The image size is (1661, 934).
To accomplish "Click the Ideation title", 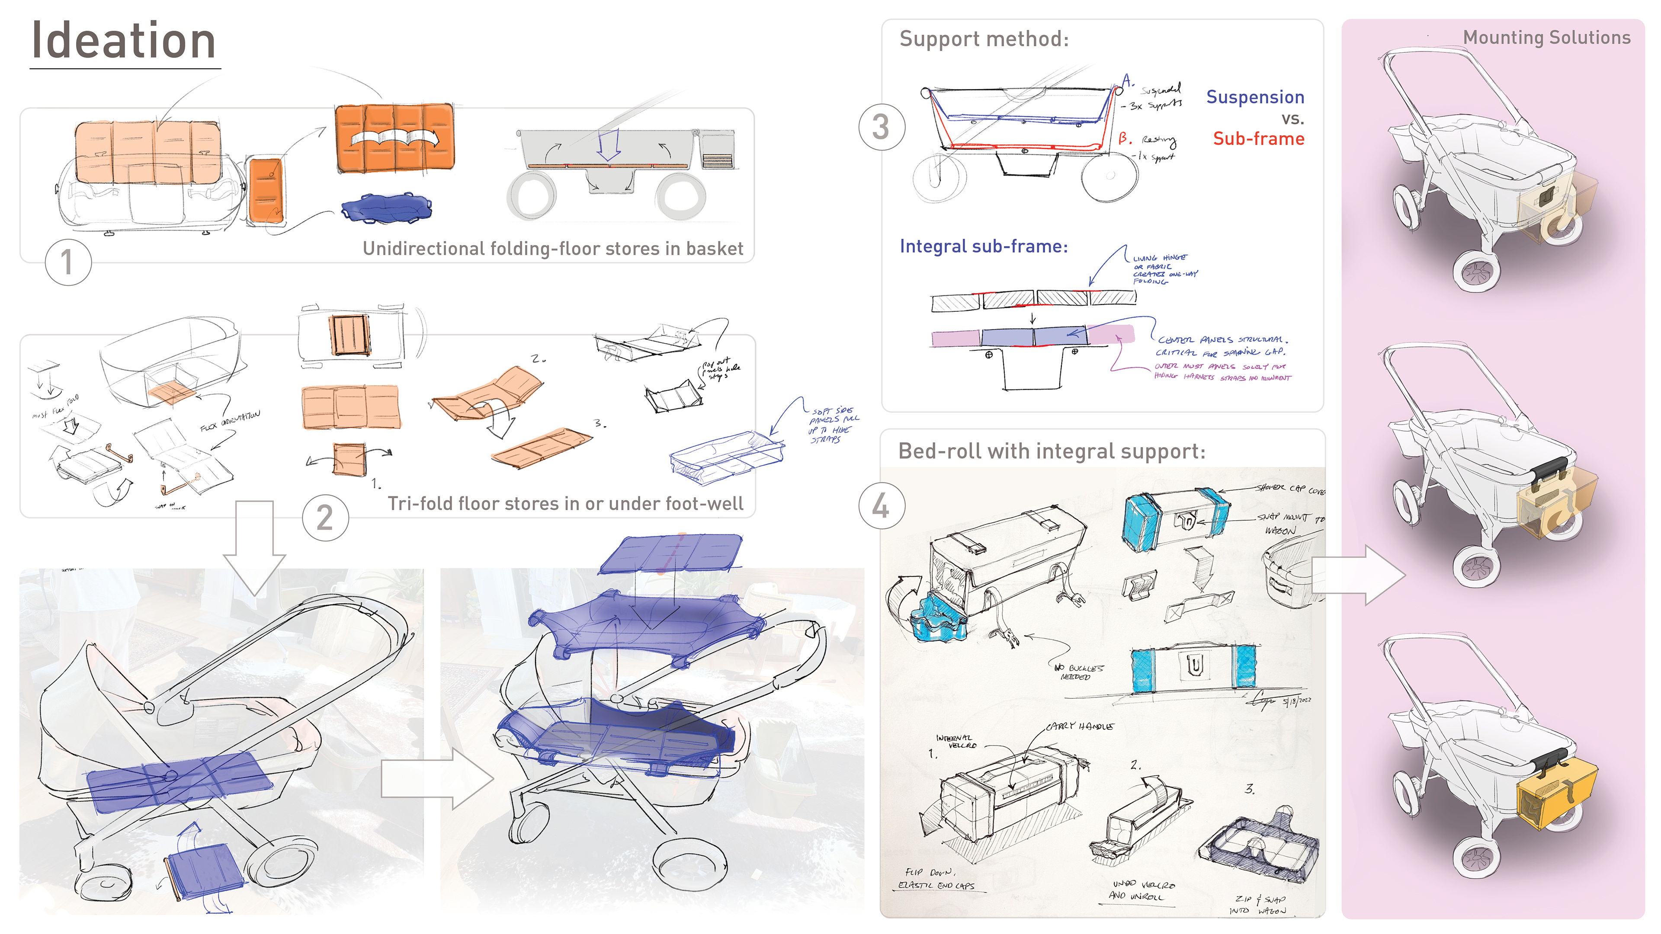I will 124,41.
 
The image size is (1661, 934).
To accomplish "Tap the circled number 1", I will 68,262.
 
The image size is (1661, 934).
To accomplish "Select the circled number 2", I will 325,518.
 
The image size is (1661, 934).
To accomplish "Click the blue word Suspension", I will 1255,97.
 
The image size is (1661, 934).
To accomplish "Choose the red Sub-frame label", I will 1258,138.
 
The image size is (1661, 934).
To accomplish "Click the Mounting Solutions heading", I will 1546,37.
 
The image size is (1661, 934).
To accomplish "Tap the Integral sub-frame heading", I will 983,246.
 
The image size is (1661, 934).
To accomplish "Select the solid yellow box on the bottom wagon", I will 1555,795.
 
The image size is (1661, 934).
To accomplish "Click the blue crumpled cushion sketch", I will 385,208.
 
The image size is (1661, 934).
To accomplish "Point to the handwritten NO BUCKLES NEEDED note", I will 1078,672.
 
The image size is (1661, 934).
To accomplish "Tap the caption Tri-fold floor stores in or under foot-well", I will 565,503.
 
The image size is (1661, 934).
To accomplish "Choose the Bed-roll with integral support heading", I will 1051,451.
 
